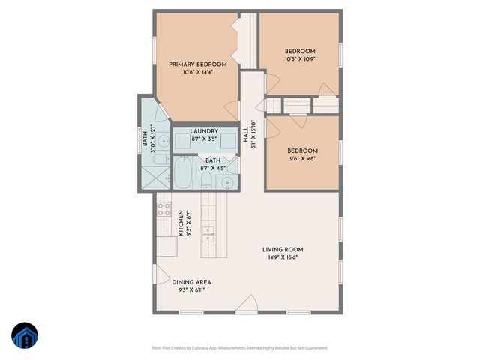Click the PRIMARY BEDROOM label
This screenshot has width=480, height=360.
[x=197, y=64]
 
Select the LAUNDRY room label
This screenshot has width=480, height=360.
[x=203, y=132]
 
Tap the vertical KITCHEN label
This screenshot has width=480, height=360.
[x=181, y=222]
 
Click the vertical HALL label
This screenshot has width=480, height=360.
[x=245, y=135]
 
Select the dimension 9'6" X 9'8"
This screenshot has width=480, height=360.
[x=302, y=158]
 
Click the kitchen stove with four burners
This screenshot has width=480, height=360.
[x=163, y=209]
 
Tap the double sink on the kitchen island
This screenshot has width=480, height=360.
[x=209, y=232]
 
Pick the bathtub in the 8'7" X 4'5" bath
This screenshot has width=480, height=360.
[x=183, y=172]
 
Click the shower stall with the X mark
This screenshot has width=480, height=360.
[x=154, y=177]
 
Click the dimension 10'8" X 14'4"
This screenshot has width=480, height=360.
[x=197, y=72]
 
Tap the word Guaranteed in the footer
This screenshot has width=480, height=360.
[x=313, y=347]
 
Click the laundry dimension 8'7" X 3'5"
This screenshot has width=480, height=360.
[x=203, y=139]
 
